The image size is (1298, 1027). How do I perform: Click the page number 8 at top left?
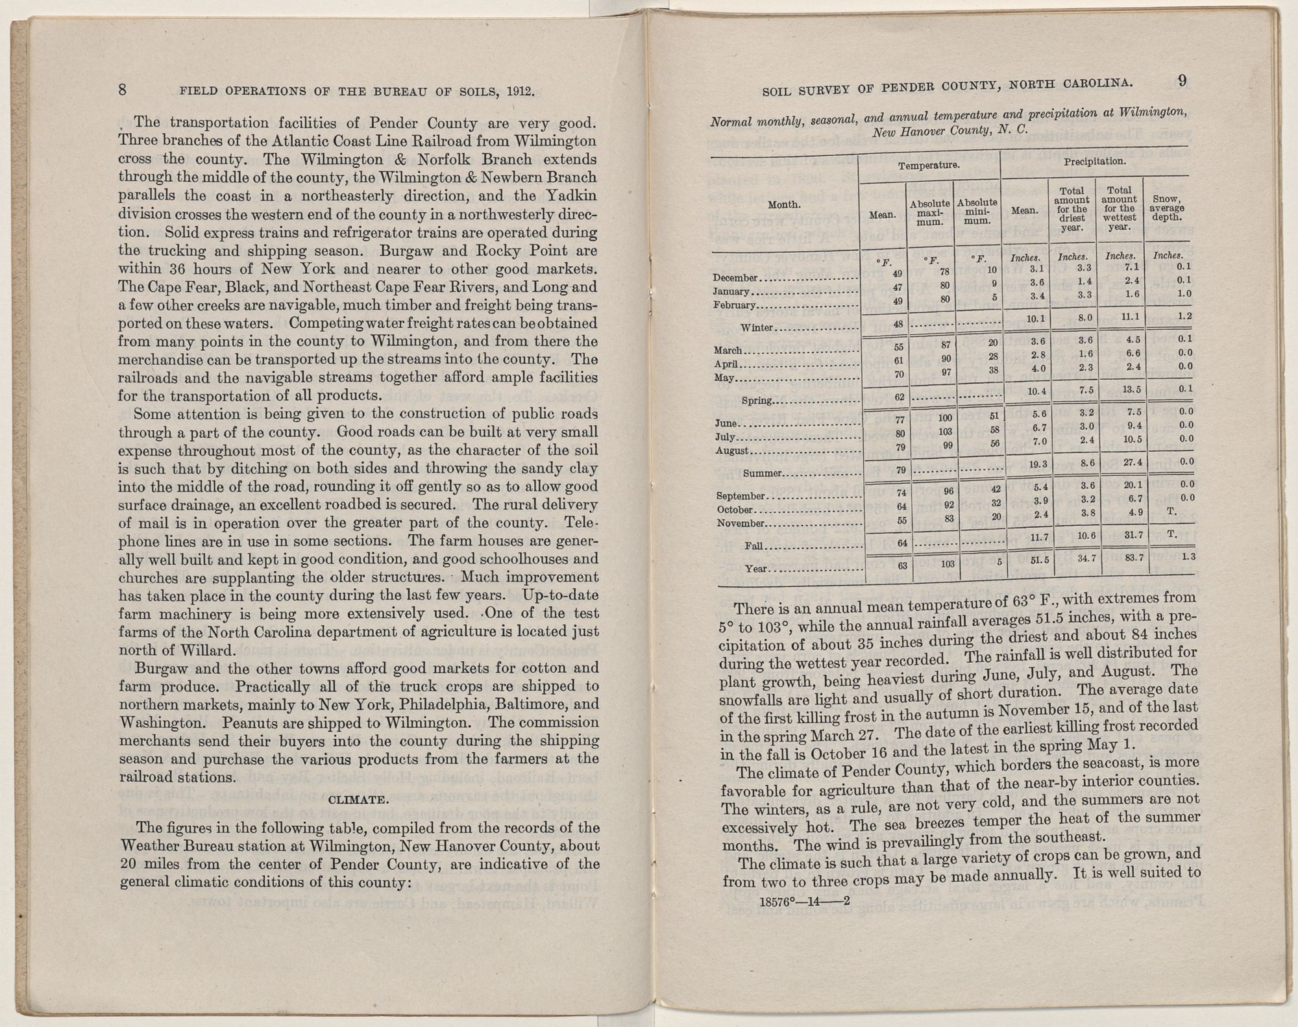coord(122,90)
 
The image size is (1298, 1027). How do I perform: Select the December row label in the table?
coord(735,278)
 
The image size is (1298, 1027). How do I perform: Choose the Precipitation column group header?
coord(1094,160)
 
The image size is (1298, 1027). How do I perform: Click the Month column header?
coord(783,204)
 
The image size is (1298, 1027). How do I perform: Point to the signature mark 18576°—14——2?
coord(804,901)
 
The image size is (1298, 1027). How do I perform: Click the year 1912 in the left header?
coord(517,92)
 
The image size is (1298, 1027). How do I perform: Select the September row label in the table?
coord(741,497)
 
